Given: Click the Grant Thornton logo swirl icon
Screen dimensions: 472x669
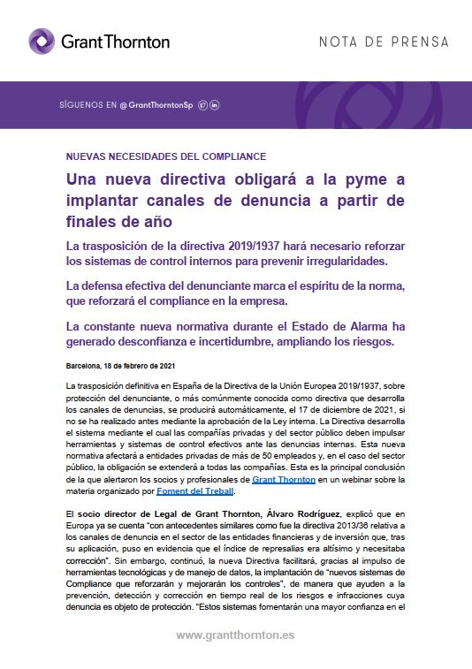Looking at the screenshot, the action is tap(42, 41).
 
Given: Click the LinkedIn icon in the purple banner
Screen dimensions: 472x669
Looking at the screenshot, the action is tap(214, 105).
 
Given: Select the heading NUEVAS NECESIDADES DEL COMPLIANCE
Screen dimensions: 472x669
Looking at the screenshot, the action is tap(154, 156).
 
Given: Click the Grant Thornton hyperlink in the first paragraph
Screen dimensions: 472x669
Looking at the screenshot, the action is tap(285, 479).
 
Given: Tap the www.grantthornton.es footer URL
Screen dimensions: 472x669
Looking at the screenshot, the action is tap(235, 635).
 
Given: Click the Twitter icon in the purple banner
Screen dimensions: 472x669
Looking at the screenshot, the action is tap(202, 105).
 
